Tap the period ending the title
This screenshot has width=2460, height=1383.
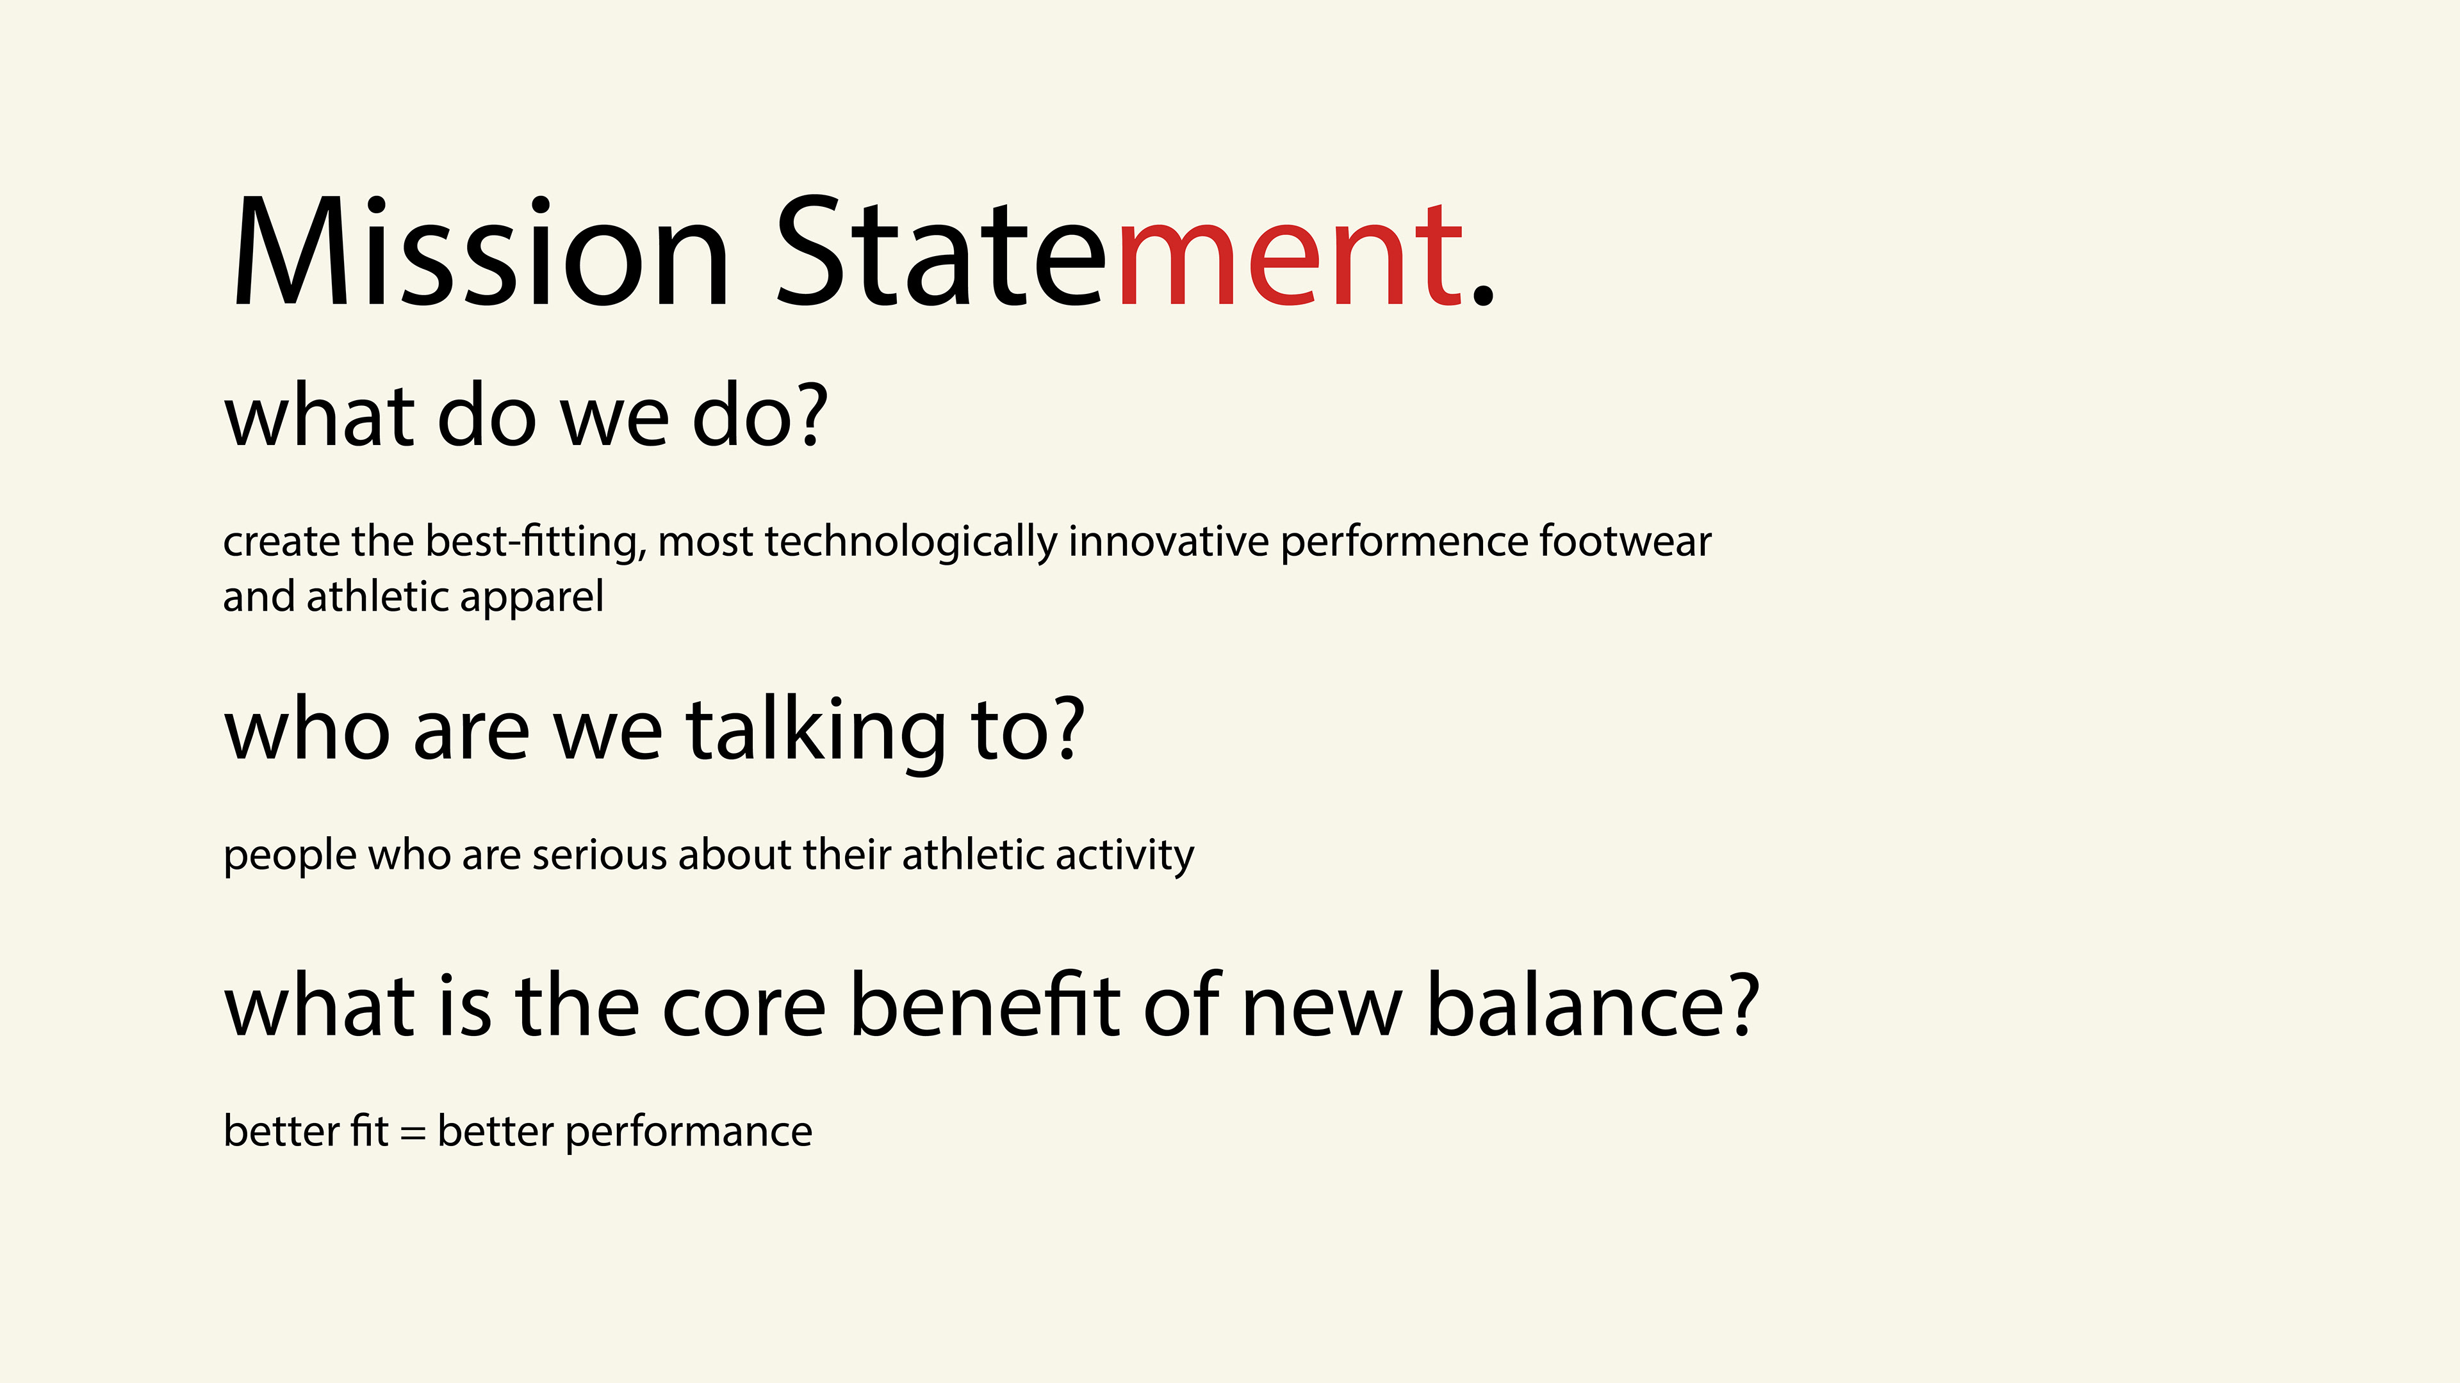tap(1482, 292)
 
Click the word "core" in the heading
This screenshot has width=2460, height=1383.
tap(744, 1007)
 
